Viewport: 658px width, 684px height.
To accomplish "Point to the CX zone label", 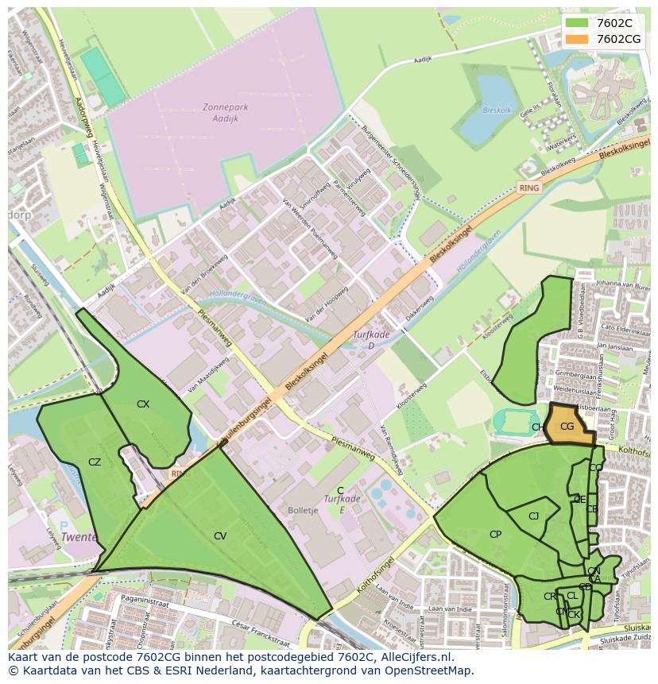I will click(143, 404).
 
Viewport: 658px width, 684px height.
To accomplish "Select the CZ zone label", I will click(95, 462).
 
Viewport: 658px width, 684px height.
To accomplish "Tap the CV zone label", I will click(220, 536).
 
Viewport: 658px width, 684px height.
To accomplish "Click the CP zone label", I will click(495, 534).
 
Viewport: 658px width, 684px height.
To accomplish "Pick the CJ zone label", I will click(534, 516).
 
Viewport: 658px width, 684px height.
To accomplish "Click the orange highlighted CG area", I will click(570, 426).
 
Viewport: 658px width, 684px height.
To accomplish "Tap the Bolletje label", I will click(303, 509).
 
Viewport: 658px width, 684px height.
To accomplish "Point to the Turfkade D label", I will click(372, 339).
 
